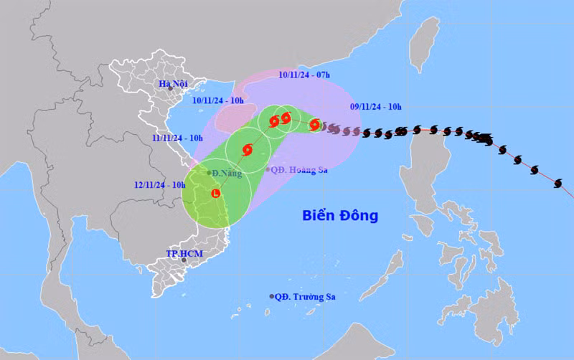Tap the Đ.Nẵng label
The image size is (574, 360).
coord(227,173)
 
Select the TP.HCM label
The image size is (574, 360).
coord(181,253)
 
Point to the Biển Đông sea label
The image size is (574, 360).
coord(339,215)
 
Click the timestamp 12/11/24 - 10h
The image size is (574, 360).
coord(159,184)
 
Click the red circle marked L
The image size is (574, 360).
coord(216,193)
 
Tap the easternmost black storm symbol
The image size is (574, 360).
coord(558,184)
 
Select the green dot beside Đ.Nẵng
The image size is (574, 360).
coord(209,173)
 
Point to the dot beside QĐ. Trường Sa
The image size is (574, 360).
coord(272,296)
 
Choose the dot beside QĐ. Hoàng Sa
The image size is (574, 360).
coord(268,170)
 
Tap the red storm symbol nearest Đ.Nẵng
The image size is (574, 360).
coord(248,150)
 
